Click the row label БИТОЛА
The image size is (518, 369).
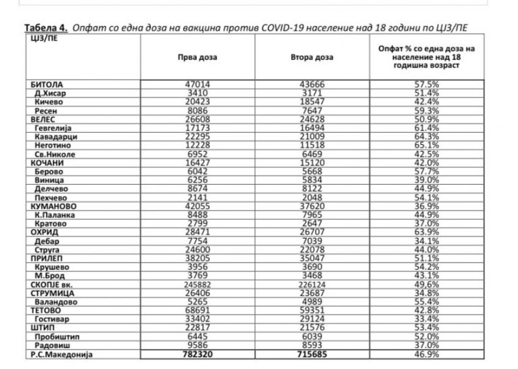47,85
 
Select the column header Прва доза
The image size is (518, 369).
196,58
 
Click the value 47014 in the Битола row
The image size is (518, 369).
197,85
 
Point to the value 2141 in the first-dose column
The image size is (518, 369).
197,198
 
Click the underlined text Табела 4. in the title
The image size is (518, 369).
46,27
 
